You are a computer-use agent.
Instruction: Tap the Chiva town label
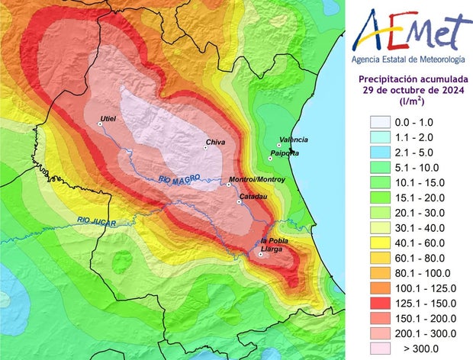(x=216, y=143)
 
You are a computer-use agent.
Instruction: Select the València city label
(x=294, y=140)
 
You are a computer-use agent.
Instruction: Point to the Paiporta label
(x=285, y=155)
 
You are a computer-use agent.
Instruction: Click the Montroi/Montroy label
(x=257, y=179)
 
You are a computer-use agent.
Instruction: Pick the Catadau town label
(x=253, y=197)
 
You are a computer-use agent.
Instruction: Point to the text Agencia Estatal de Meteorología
(x=408, y=59)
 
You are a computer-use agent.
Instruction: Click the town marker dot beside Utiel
(x=99, y=124)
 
